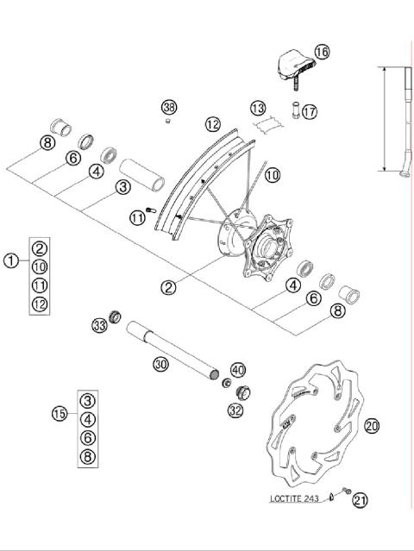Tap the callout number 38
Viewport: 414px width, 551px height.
click(x=169, y=108)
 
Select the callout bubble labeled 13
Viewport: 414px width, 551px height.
click(x=258, y=108)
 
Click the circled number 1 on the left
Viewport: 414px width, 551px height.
click(x=11, y=260)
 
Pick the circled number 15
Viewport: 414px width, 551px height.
click(x=60, y=414)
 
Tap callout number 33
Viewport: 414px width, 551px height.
click(x=100, y=325)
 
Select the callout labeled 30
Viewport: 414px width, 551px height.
click(x=160, y=365)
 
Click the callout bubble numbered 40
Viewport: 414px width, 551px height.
click(x=238, y=369)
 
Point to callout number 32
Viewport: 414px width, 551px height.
click(x=235, y=411)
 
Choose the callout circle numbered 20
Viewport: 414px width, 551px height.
click(x=372, y=426)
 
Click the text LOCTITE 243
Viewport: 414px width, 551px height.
click(x=294, y=499)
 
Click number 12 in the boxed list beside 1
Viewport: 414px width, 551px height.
click(x=40, y=304)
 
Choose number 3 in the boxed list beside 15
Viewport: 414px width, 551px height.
click(x=88, y=400)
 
